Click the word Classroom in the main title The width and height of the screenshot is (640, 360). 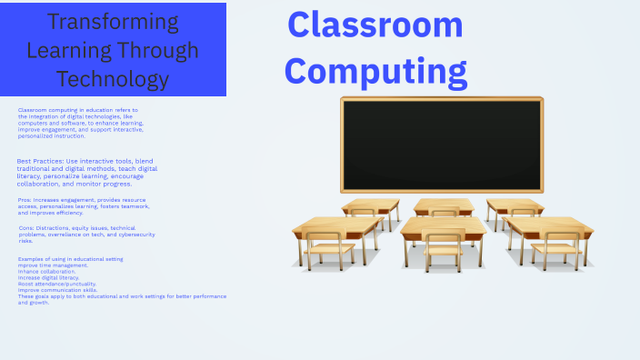coord(375,25)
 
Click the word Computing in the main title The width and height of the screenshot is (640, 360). coord(383,70)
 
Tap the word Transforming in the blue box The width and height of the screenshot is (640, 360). coord(113,22)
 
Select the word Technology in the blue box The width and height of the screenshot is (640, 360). coord(113,79)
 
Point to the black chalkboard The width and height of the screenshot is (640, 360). coord(442,144)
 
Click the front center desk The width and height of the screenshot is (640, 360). coord(444,225)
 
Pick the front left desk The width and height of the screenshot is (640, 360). coord(336,226)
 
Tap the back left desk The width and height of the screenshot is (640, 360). coord(370,205)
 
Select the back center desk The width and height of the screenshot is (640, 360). coord(443,205)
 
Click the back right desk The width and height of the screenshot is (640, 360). coord(515,205)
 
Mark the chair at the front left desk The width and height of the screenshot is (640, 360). coord(325,249)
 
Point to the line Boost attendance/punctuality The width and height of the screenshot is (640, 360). coord(55,284)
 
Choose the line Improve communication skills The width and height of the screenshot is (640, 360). coord(55,290)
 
